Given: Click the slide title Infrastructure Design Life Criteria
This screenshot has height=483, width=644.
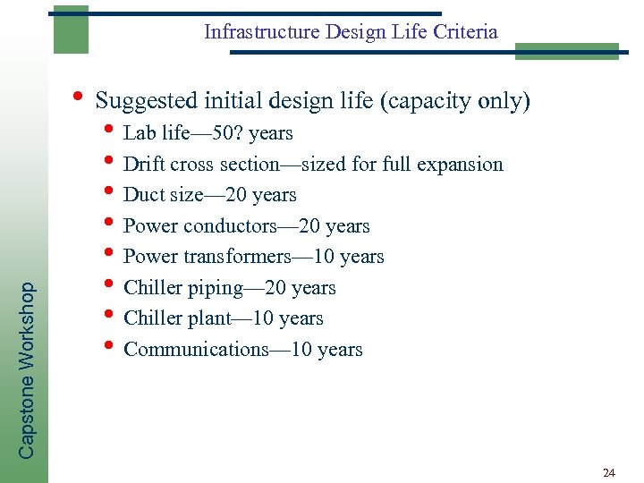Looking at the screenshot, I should click(351, 32).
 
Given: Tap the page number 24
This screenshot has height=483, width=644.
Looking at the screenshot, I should click(609, 471).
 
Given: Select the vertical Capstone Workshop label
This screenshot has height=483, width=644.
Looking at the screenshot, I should click(28, 370).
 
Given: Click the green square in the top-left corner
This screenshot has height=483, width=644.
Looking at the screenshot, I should click(71, 30).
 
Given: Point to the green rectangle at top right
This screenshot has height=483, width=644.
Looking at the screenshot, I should click(566, 51).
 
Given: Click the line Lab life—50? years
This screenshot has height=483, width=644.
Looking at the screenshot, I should click(208, 134).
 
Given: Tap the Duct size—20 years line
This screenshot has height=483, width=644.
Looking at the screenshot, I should click(209, 195).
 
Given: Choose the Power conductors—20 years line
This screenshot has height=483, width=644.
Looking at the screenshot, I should click(246, 226).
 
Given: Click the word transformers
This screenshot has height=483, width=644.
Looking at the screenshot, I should click(236, 257).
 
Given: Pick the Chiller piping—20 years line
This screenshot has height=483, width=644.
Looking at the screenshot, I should click(229, 288).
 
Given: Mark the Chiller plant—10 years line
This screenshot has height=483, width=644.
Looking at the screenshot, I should click(223, 318).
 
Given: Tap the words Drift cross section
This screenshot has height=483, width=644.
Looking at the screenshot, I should click(201, 165).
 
